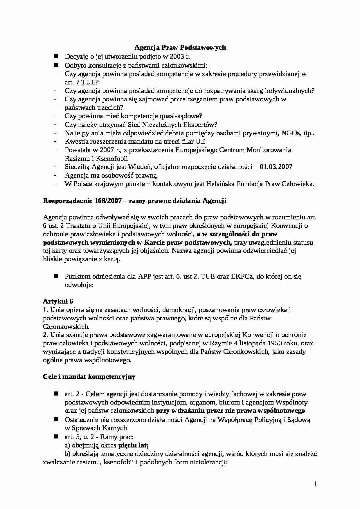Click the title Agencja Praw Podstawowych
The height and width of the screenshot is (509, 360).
[180, 47]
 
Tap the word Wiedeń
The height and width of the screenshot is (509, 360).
[140, 167]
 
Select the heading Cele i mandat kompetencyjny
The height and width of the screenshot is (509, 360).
[89, 377]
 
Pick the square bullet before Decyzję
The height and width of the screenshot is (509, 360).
[56, 56]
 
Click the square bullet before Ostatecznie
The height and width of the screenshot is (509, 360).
[56, 419]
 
